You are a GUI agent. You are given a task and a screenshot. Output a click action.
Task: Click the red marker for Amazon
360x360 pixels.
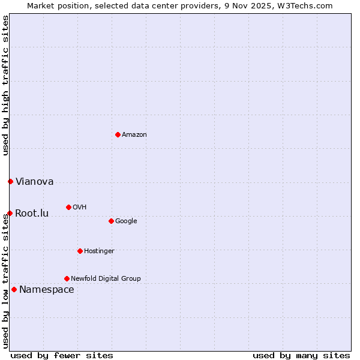coord(118,134)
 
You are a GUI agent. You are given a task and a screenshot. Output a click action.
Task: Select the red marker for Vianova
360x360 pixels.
coord(10,181)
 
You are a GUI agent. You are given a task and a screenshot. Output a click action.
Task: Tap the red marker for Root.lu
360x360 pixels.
coord(10,213)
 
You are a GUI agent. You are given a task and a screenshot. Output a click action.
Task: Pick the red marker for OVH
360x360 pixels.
coord(68,207)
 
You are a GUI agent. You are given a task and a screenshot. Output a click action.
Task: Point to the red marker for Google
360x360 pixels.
coord(111,221)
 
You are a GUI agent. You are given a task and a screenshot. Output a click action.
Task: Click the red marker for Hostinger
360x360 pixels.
coord(80,251)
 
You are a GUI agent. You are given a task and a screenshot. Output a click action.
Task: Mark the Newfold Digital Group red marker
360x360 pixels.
coord(67,278)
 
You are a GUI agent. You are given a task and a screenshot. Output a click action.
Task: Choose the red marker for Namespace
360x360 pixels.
coord(14,289)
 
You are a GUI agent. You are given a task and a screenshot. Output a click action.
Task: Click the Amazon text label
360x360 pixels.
coord(134,134)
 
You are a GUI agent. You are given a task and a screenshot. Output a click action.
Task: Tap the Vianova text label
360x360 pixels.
coord(34,181)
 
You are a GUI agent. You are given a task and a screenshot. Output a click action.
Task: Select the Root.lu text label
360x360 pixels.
coord(32,213)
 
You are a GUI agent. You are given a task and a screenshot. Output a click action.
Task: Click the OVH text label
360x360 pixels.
coord(80,207)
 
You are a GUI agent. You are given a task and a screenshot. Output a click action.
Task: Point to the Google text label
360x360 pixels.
coord(126,221)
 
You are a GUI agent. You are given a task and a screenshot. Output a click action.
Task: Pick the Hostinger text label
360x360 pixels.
coord(99,251)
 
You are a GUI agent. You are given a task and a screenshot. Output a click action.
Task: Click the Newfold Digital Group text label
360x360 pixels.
coord(106,278)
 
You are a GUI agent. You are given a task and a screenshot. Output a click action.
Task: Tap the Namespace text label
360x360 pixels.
coord(47,289)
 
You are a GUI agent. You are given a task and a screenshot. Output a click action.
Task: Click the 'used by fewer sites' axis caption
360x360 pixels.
coord(62,355)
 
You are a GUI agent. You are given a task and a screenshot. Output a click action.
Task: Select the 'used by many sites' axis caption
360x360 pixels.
coord(301,355)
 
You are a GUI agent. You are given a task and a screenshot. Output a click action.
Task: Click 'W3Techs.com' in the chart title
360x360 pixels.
coord(307,5)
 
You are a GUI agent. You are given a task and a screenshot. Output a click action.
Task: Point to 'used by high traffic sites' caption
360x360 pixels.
coord(5,85)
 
